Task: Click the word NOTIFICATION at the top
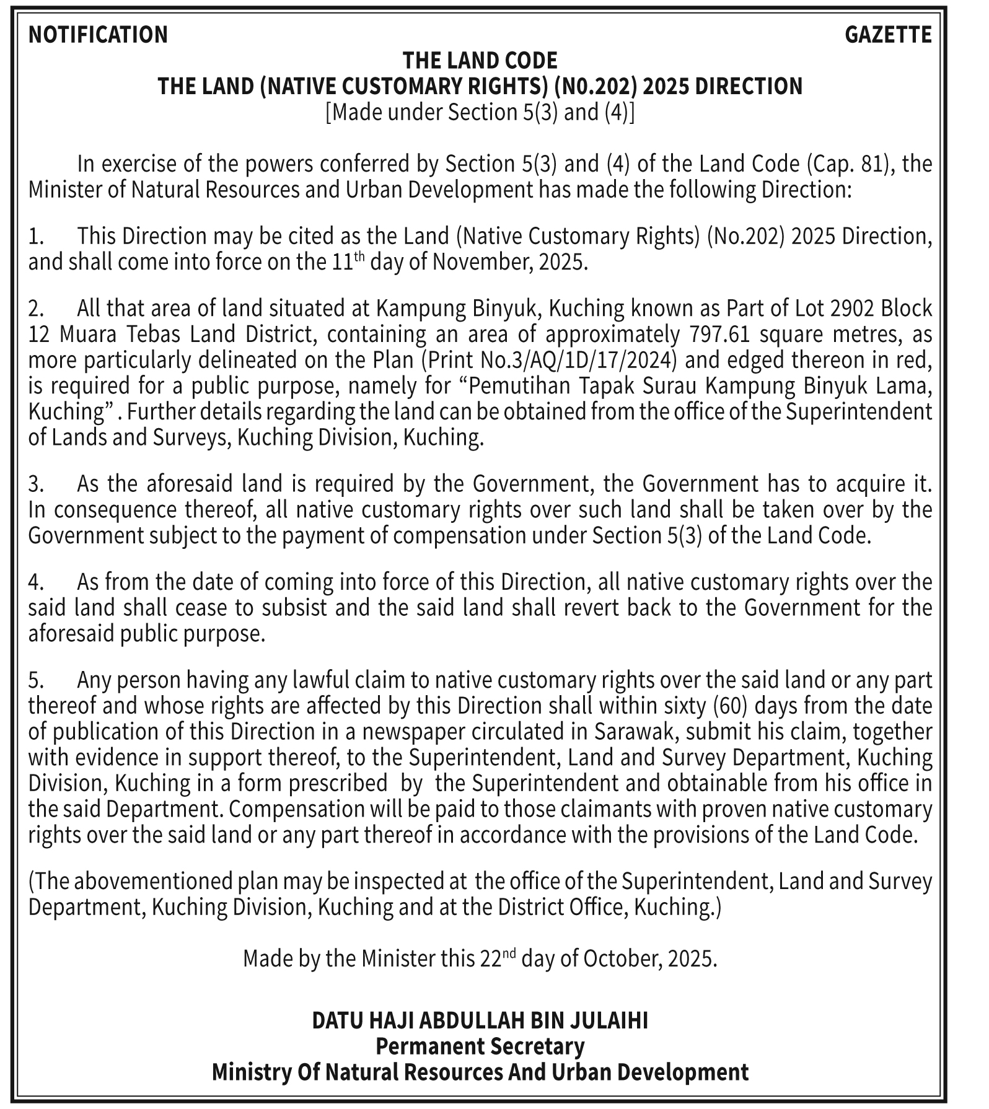(x=98, y=35)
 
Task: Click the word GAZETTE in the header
(x=888, y=35)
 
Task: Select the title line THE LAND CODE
(x=480, y=61)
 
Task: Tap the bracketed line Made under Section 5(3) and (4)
(x=480, y=113)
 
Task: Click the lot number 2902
(x=851, y=308)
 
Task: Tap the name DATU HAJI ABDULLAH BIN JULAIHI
(x=480, y=1020)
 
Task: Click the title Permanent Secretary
(x=480, y=1046)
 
